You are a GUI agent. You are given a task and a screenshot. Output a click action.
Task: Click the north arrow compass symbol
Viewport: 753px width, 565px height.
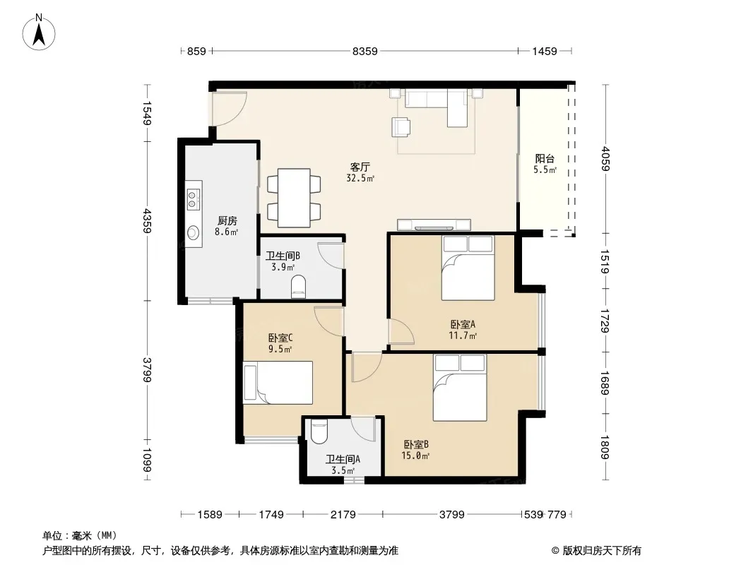[x=39, y=32]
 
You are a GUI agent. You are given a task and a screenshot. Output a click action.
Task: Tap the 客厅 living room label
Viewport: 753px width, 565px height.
[x=360, y=167]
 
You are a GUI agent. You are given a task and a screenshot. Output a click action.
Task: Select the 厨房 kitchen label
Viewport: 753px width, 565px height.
[x=227, y=221]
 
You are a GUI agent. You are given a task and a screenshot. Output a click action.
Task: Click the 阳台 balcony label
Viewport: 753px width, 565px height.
[x=545, y=158]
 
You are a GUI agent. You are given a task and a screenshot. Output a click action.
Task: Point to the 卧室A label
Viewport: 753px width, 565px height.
[x=463, y=324]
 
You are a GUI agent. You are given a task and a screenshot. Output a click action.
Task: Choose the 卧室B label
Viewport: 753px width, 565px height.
[x=416, y=444]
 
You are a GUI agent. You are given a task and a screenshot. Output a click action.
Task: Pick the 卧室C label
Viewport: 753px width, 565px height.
[x=280, y=338]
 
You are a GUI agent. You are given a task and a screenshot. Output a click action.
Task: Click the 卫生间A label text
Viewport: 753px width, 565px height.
[x=343, y=459]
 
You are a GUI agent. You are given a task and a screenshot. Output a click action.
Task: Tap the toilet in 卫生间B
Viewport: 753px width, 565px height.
[x=298, y=287]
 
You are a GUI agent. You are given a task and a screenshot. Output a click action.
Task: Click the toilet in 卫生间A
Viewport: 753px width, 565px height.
[x=319, y=432]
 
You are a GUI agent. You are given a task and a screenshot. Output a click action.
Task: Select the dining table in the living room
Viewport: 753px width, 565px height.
[x=294, y=198]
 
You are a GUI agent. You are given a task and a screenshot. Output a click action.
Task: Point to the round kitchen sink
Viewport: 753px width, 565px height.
[x=193, y=232]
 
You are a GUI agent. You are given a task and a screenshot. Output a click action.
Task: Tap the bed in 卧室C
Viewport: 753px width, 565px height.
[x=278, y=383]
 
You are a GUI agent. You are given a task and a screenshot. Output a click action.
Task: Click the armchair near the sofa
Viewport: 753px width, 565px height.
[x=401, y=127]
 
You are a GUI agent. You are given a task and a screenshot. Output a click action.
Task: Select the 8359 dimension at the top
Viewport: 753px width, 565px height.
[x=365, y=51]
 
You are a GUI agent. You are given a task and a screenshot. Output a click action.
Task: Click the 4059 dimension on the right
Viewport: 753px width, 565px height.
[x=605, y=158]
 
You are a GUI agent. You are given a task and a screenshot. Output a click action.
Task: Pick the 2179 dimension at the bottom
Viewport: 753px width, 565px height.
[x=343, y=515]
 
